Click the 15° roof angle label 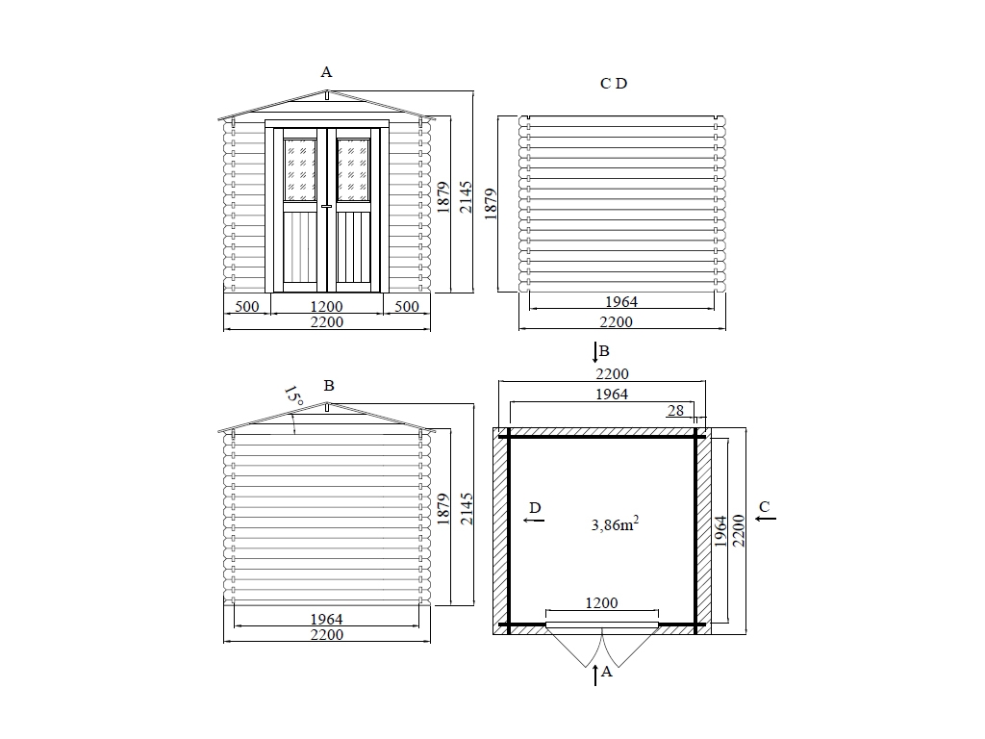pos(293,395)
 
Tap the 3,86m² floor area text pos(615,523)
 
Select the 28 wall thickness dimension pos(675,410)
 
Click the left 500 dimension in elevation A pos(247,306)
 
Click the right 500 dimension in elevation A pos(407,306)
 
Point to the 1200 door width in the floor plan pos(601,602)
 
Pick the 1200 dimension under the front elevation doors pos(327,306)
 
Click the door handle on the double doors pos(327,206)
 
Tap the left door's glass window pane pos(300,169)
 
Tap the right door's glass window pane pos(353,169)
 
